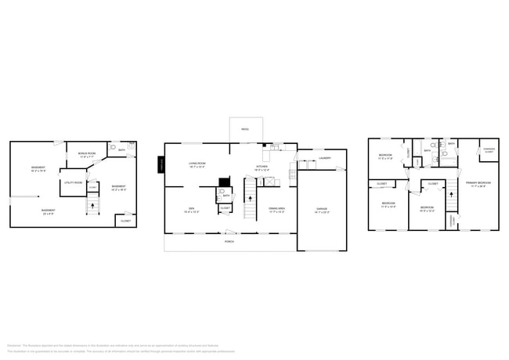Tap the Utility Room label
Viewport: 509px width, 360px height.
(73, 182)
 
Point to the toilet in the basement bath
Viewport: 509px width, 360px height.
(113, 147)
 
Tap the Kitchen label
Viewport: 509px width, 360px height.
(262, 167)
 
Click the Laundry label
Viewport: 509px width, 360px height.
(324, 159)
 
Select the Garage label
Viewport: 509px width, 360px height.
(321, 209)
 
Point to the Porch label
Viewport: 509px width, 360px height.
(229, 242)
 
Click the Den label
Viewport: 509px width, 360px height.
(191, 209)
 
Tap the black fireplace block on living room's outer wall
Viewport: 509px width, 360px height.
(161, 165)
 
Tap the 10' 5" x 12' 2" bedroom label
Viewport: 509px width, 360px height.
(426, 208)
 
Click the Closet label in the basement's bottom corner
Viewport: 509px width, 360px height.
(125, 221)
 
